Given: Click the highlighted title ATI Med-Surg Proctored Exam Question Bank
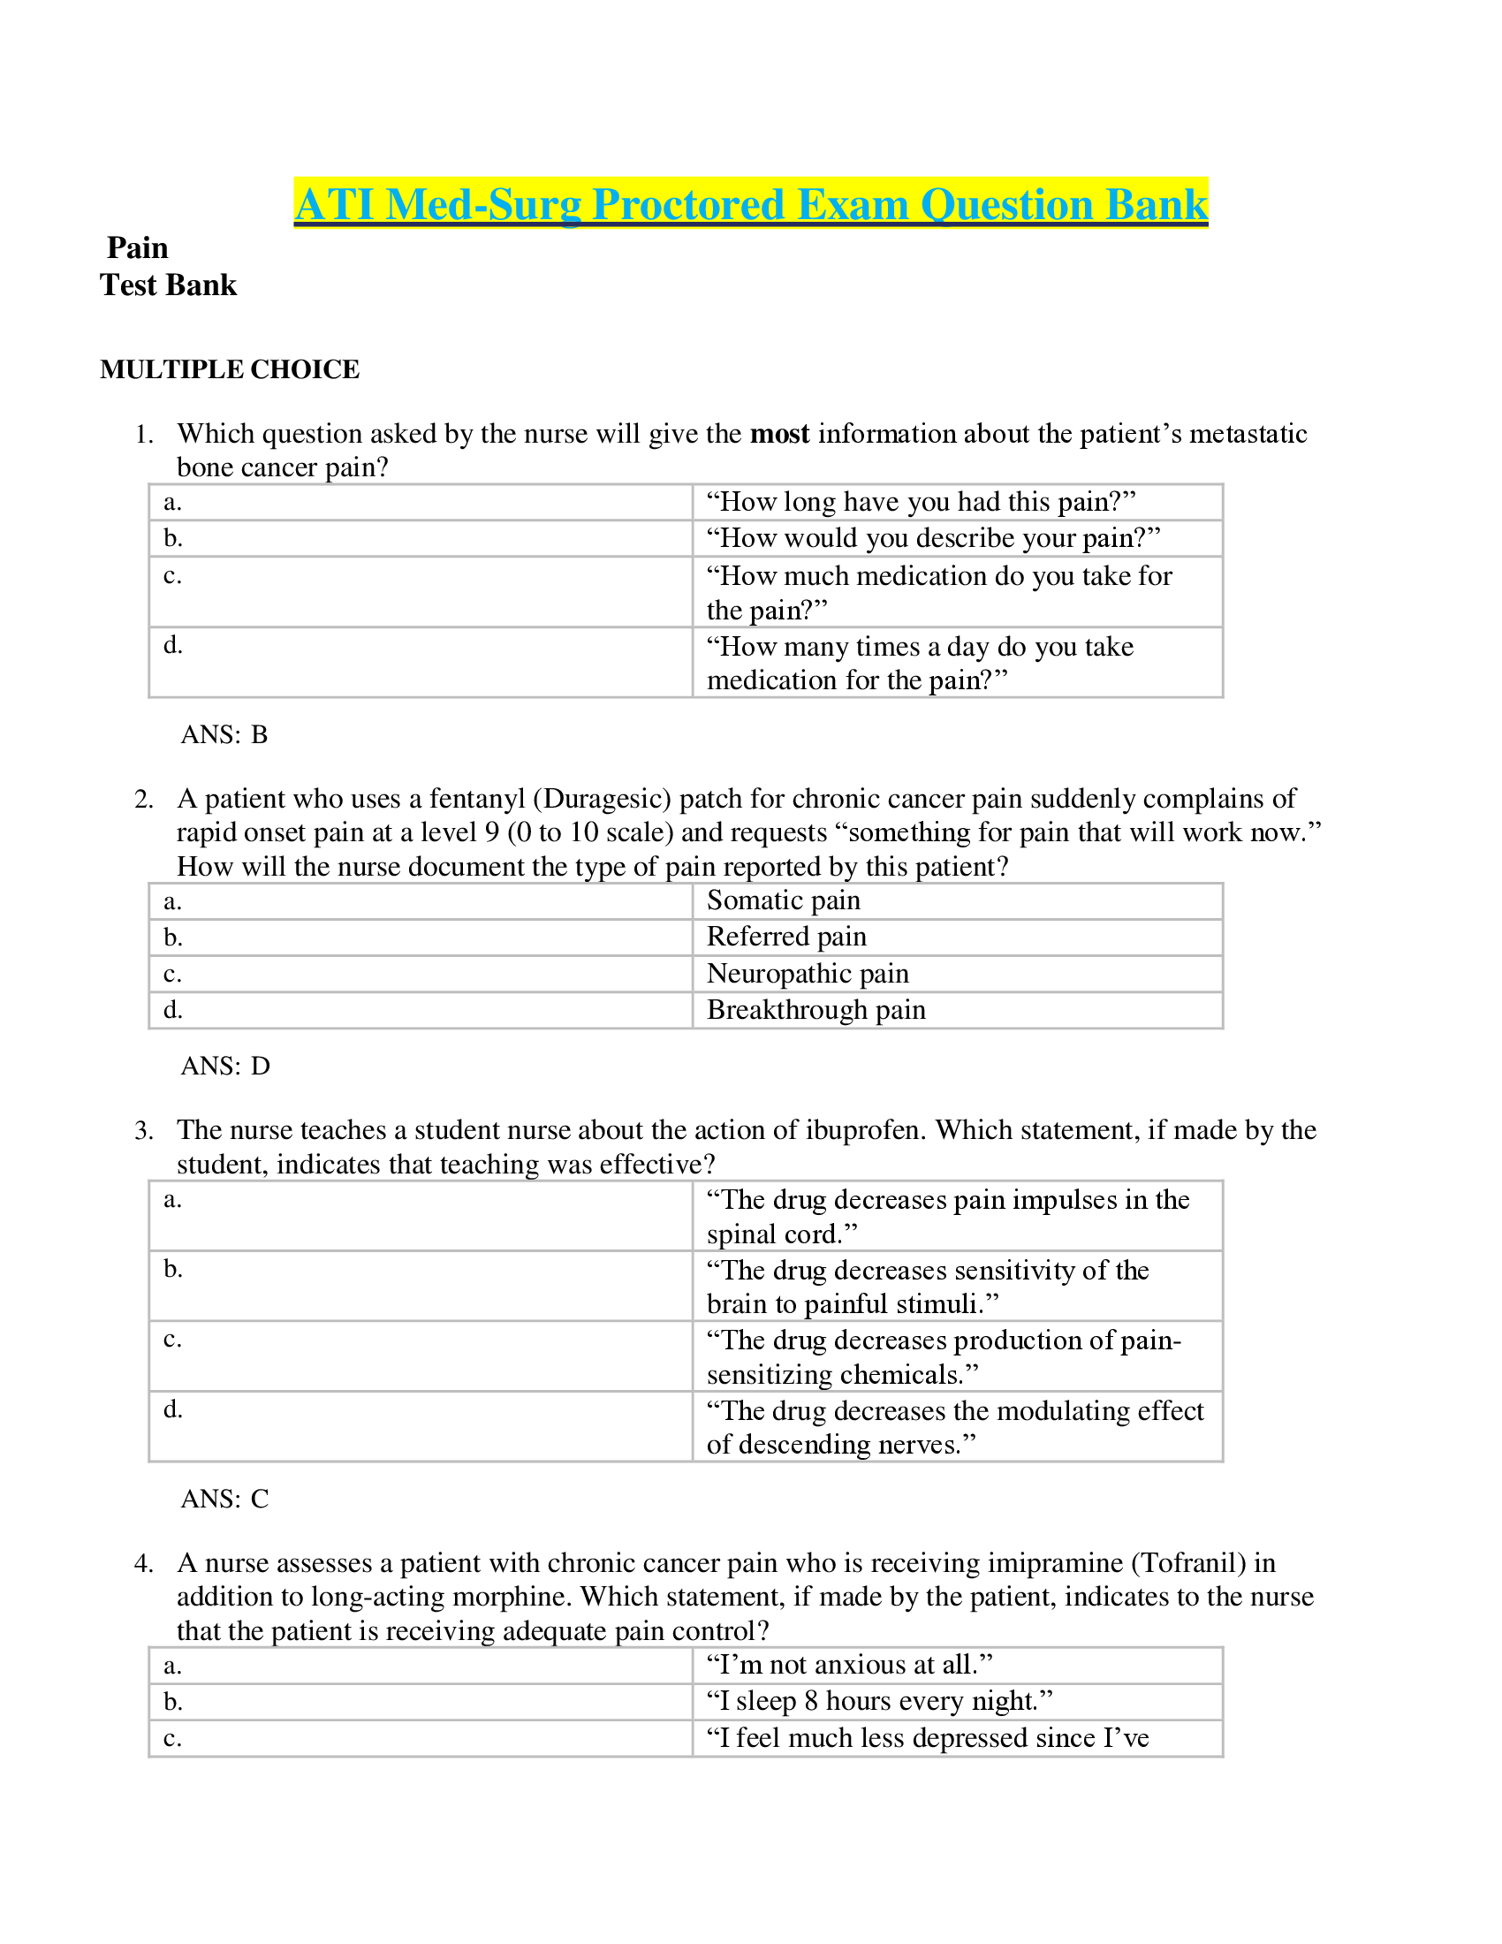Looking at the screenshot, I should pos(750,204).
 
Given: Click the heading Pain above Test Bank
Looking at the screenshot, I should pos(137,247).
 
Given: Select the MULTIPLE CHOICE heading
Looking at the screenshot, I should pos(230,369).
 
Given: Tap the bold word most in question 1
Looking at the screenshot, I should pos(779,434).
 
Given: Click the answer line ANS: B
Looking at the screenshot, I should pos(224,734).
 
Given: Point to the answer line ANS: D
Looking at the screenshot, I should pos(225,1066).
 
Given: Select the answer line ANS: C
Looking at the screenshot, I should pos(224,1499).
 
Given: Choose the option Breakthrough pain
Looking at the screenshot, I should pos(816,1009).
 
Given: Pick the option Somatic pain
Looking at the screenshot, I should pos(783,900).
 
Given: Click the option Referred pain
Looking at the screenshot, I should pos(786,937).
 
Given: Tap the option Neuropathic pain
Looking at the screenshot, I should pos(808,973).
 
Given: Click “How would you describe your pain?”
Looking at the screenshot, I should pos(933,537).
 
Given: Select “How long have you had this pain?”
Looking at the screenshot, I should pos(921,501).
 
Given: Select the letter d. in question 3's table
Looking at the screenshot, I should pos(172,1409).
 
